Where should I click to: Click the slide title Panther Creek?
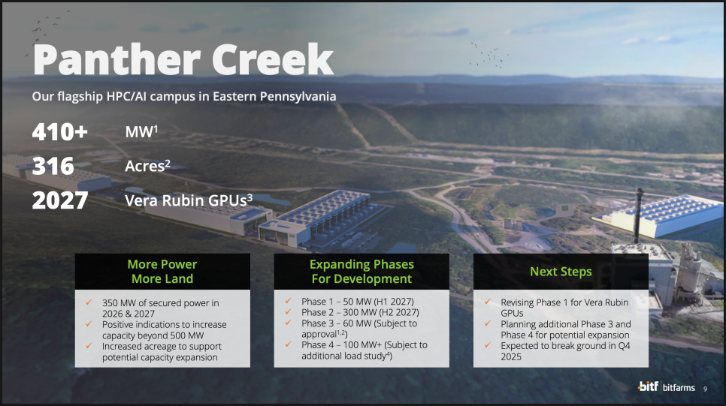(x=183, y=59)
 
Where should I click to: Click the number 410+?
(x=59, y=132)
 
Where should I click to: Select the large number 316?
(x=53, y=166)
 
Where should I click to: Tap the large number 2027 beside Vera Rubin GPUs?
(x=59, y=200)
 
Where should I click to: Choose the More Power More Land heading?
(x=162, y=272)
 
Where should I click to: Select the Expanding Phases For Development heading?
(x=361, y=272)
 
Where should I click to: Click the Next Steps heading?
(x=561, y=272)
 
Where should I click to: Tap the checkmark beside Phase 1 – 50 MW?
(x=289, y=301)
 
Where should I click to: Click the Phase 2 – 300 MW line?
(x=360, y=313)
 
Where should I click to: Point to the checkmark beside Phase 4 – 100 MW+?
(x=289, y=344)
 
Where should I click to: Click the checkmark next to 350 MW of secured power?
(x=89, y=302)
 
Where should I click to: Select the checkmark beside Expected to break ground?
(x=488, y=345)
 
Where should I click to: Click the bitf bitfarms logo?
(x=667, y=386)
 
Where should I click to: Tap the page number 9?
(x=705, y=389)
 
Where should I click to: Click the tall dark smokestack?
(x=639, y=215)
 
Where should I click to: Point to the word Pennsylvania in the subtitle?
(x=298, y=97)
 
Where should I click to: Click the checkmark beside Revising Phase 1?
(x=488, y=302)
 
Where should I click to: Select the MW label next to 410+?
(x=141, y=132)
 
